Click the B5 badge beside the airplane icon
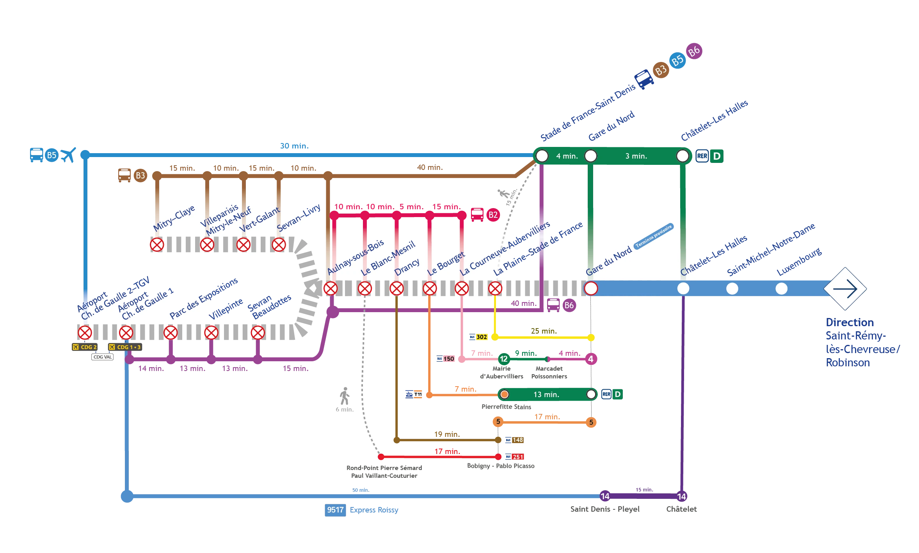click(x=52, y=155)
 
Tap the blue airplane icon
click(x=68, y=155)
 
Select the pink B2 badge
click(x=493, y=215)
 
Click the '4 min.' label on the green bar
click(x=567, y=156)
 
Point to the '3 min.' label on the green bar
click(x=636, y=156)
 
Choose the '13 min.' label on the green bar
click(x=546, y=394)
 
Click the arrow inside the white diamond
click(x=845, y=289)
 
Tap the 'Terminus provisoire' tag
click(x=654, y=237)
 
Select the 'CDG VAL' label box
click(x=103, y=357)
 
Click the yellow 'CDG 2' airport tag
click(x=85, y=347)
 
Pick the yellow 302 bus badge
click(x=482, y=337)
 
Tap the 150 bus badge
click(x=449, y=359)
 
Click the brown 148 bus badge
click(x=517, y=440)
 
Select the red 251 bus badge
click(x=517, y=457)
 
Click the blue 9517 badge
click(x=335, y=510)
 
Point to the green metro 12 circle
click(x=504, y=359)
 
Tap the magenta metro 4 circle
click(x=591, y=359)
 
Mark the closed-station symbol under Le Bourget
click(x=430, y=289)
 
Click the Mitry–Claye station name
click(x=174, y=218)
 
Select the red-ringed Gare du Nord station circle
click(x=591, y=289)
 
